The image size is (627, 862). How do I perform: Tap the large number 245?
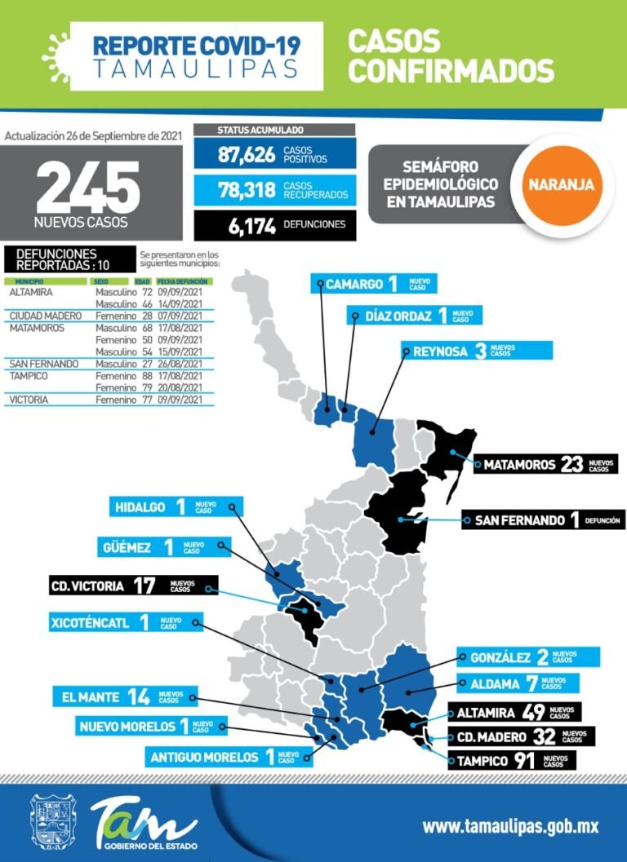pos(88,188)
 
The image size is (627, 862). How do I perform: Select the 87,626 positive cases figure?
pos(247,155)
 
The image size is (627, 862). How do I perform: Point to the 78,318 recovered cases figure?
pos(247,190)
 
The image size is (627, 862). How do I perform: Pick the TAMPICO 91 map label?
pos(511,762)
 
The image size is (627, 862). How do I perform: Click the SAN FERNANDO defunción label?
pos(543,519)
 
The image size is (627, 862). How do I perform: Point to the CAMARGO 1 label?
pos(372,284)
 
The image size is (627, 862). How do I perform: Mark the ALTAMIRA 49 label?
pos(514,713)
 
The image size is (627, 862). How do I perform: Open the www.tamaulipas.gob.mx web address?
pos(510,826)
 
